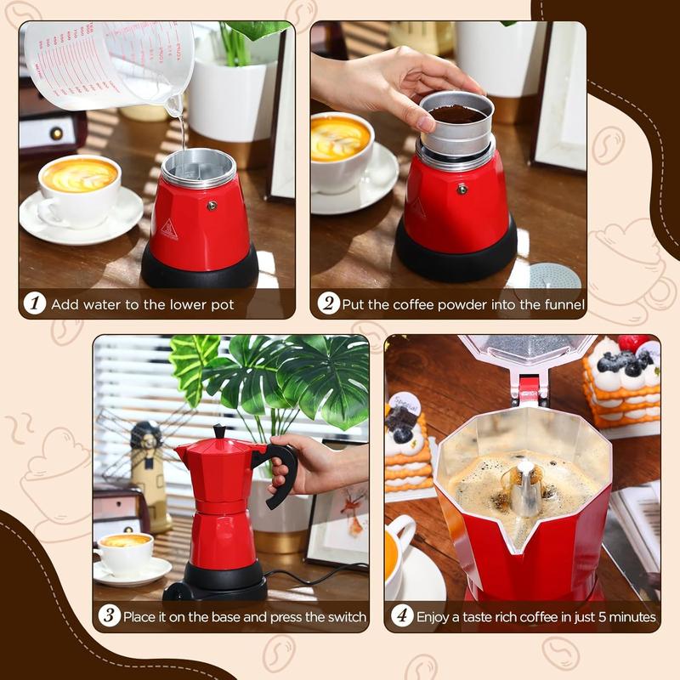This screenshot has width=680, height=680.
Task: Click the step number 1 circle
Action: coord(34,304)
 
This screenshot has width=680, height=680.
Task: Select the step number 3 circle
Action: coord(109,616)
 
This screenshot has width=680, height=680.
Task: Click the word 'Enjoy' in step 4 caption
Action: coord(434,616)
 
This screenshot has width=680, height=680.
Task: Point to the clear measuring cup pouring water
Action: coord(110,59)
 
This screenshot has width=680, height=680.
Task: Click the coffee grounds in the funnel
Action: coord(457,113)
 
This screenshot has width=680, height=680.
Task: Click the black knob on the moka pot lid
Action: coord(220,432)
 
